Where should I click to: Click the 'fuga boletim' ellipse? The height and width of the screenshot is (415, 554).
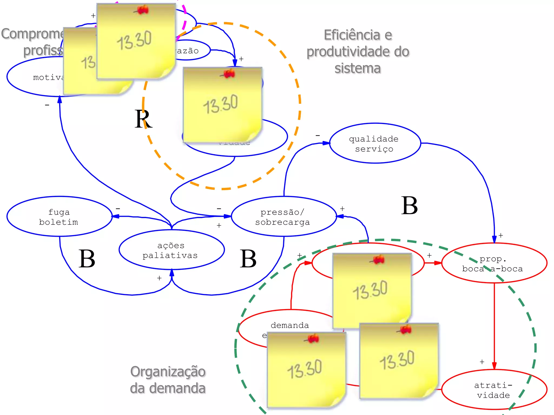click(59, 216)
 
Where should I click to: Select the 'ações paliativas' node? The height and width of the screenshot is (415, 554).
click(171, 250)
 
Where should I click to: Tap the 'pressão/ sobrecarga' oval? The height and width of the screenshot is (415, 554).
click(283, 216)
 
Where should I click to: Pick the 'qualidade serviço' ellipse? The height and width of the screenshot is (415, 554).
click(374, 143)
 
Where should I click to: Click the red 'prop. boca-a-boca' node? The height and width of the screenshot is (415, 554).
click(494, 263)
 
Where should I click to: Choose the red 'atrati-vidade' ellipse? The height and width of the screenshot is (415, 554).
click(494, 390)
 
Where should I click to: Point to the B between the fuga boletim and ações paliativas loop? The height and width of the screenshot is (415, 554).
click(87, 259)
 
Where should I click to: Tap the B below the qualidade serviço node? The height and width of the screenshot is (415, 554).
click(409, 206)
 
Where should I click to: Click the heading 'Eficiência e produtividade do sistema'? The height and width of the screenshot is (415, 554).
click(358, 51)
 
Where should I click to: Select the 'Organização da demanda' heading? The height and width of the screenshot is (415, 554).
click(168, 380)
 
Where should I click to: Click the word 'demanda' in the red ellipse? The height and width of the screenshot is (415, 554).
click(290, 325)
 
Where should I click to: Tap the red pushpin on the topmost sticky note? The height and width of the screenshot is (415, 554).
click(142, 10)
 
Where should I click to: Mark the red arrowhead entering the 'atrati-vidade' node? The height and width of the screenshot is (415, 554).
click(494, 366)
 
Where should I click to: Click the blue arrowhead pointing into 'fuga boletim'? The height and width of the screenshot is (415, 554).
click(116, 216)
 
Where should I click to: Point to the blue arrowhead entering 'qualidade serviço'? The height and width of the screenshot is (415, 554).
click(326, 143)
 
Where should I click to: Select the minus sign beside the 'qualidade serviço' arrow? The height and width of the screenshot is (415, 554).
click(318, 135)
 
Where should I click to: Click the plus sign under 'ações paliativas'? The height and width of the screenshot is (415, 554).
click(159, 278)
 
